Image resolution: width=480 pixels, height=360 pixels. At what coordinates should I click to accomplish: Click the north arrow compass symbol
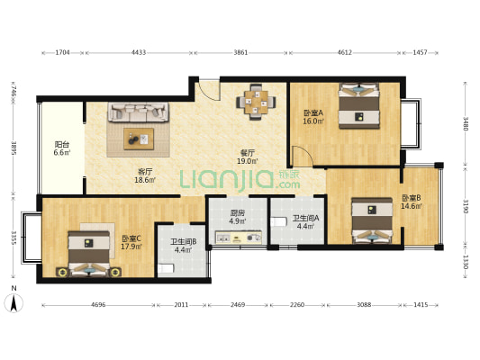tap(14, 302)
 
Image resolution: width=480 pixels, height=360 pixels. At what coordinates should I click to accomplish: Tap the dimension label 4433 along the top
tap(139, 52)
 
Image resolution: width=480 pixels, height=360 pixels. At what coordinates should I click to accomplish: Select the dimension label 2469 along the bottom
tap(238, 305)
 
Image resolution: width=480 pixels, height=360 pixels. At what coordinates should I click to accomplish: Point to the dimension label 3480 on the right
tap(466, 123)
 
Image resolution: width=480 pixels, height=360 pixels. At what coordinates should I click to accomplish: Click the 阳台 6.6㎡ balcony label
tap(62, 148)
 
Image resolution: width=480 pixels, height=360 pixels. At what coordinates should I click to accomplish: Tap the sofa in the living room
tap(138, 112)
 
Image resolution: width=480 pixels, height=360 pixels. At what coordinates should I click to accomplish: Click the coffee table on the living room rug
tap(139, 139)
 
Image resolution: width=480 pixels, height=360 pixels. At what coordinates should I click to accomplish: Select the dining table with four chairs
tap(256, 102)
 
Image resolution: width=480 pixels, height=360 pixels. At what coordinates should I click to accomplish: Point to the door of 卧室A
tap(302, 156)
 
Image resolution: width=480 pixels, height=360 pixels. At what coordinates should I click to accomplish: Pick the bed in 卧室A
tap(358, 105)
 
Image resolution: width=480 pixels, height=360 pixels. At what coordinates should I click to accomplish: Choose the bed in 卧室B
tap(372, 220)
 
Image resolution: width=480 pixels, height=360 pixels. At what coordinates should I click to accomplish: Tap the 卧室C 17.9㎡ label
tap(131, 242)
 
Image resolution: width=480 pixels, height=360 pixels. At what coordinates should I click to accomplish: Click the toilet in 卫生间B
tap(166, 268)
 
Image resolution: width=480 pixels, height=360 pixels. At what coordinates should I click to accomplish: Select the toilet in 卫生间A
tap(278, 221)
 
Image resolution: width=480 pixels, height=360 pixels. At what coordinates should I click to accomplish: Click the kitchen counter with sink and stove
tap(239, 237)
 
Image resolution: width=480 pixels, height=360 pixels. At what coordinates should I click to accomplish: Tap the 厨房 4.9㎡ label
tap(238, 217)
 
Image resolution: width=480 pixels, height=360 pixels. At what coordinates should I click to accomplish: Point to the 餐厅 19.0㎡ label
tap(248, 157)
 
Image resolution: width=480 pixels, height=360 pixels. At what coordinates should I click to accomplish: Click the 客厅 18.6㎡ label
tap(145, 175)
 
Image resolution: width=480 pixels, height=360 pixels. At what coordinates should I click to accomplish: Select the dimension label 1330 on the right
tap(466, 262)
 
